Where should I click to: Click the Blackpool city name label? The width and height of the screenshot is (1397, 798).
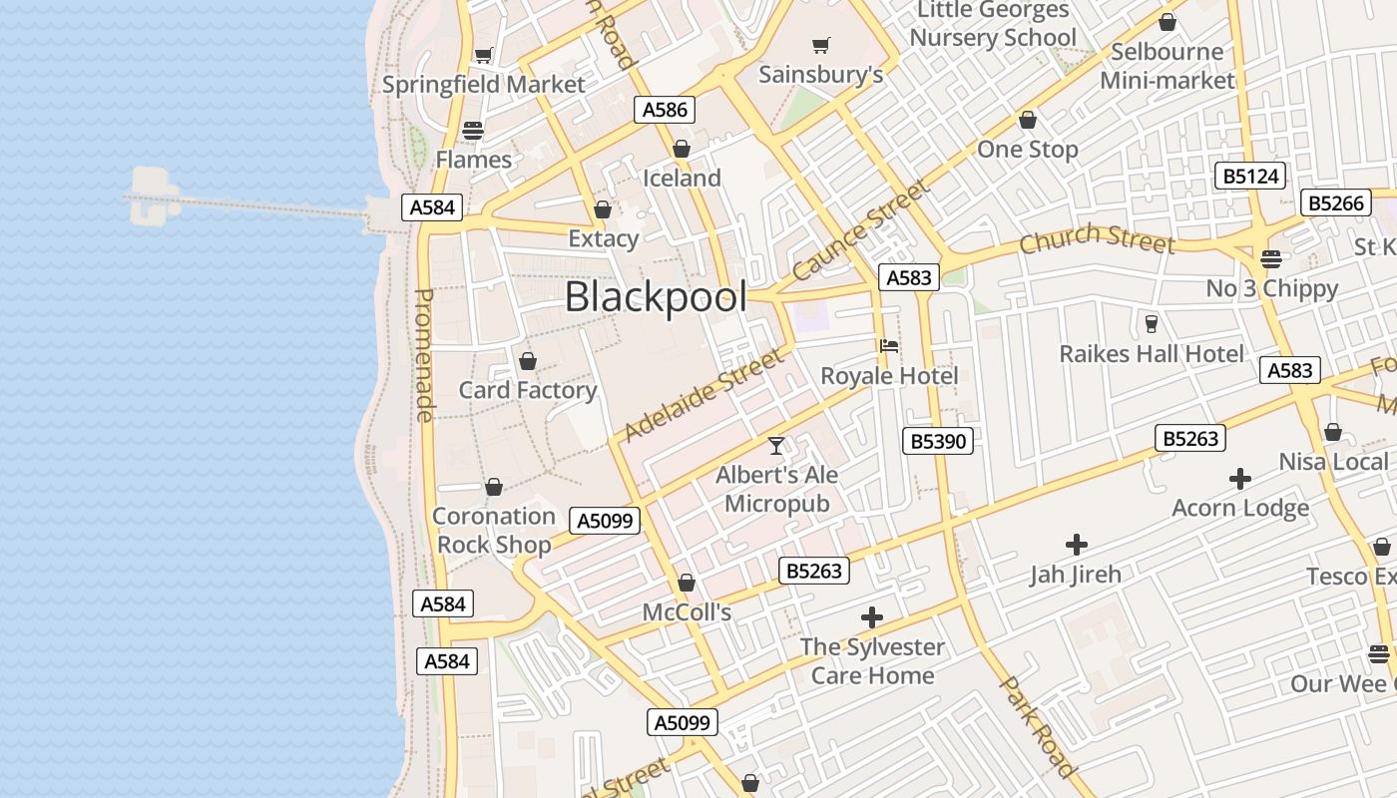click(x=656, y=297)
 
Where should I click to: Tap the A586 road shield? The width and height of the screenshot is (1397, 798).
click(x=665, y=110)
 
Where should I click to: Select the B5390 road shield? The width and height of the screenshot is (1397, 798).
click(x=938, y=440)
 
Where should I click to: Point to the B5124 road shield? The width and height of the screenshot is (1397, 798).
click(x=1251, y=177)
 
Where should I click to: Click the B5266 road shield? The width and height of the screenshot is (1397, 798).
click(x=1335, y=202)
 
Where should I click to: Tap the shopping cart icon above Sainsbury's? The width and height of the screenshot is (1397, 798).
click(x=821, y=45)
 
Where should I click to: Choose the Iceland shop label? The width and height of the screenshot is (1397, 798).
click(x=682, y=179)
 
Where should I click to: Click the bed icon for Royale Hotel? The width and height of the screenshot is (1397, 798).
click(x=889, y=346)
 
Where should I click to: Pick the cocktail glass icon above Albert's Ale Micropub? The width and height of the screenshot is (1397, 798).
click(x=776, y=445)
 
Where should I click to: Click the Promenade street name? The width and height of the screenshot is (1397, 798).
click(x=424, y=355)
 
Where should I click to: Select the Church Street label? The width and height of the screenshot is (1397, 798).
click(x=1097, y=239)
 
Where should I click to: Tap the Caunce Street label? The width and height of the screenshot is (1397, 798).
click(x=861, y=230)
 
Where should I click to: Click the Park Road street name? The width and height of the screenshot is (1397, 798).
click(x=1039, y=726)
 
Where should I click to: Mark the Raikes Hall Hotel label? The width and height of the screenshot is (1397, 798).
click(x=1152, y=354)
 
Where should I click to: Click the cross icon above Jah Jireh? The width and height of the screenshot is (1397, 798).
click(x=1076, y=545)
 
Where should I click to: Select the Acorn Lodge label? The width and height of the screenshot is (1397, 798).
click(x=1240, y=508)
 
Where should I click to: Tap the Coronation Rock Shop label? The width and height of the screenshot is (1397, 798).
click(x=494, y=530)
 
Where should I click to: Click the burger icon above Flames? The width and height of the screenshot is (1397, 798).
click(x=473, y=130)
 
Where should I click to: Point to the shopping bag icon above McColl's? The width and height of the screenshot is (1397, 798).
click(x=687, y=582)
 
